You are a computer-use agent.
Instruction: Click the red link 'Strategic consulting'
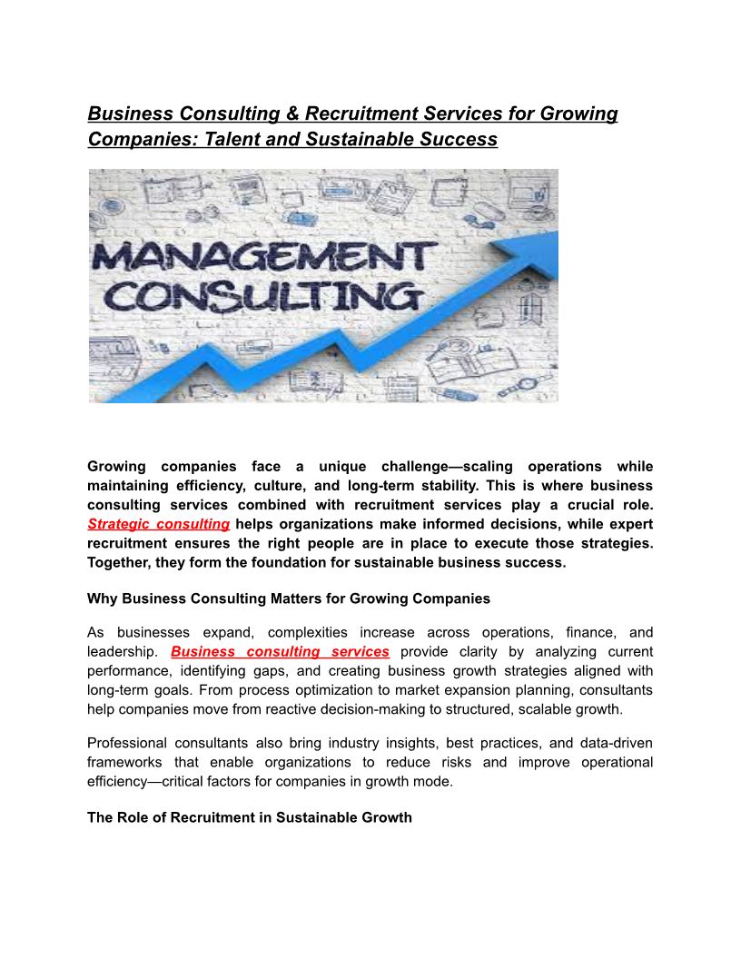tap(158, 524)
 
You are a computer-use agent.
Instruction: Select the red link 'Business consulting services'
tap(280, 651)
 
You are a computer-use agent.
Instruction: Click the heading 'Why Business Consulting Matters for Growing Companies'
tap(289, 598)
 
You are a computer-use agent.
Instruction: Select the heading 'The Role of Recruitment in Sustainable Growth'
tap(250, 817)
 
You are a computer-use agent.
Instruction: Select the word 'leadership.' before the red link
tap(123, 651)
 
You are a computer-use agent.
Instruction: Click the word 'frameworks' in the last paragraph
tap(125, 762)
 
